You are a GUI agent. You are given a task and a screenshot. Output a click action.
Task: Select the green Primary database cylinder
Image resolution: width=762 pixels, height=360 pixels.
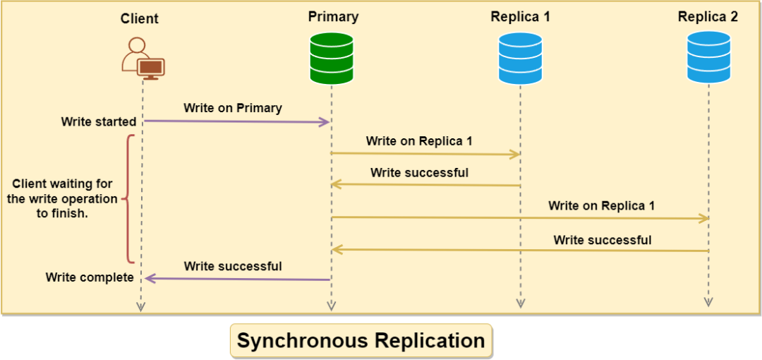click(x=332, y=59)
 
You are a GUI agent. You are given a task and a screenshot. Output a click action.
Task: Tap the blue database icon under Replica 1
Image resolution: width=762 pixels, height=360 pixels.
click(x=520, y=59)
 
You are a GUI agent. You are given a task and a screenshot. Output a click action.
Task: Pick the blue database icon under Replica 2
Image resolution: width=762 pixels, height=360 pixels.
click(x=708, y=59)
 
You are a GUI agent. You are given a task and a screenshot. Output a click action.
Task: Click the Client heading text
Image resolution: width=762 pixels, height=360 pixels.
click(x=140, y=19)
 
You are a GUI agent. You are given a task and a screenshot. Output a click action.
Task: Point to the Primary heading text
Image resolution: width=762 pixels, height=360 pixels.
click(x=333, y=16)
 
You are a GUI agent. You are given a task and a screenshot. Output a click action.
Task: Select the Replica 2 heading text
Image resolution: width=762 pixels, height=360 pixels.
click(x=708, y=17)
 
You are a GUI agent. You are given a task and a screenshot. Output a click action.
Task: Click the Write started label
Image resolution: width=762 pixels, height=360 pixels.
click(x=99, y=122)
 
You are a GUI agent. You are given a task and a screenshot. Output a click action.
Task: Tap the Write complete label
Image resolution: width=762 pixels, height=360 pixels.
click(x=90, y=277)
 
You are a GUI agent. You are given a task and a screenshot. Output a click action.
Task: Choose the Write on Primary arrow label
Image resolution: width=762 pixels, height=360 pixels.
click(x=233, y=108)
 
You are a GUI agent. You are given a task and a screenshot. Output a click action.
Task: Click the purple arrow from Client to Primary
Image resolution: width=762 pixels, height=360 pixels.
click(x=236, y=122)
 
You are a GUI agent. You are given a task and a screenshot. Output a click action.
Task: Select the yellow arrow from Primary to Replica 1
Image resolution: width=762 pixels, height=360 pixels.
click(x=425, y=153)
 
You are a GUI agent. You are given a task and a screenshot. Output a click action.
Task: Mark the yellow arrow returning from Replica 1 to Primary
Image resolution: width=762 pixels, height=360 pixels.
click(x=425, y=185)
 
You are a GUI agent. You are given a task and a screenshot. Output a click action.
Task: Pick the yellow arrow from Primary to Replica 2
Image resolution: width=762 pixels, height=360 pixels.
click(x=520, y=218)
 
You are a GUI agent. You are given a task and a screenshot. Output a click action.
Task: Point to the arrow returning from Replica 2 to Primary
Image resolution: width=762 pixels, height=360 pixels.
click(x=520, y=250)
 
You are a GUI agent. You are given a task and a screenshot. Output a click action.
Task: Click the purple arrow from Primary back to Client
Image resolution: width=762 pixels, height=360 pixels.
click(x=236, y=279)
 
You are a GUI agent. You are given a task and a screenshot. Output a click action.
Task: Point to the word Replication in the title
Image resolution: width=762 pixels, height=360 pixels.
click(x=430, y=341)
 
